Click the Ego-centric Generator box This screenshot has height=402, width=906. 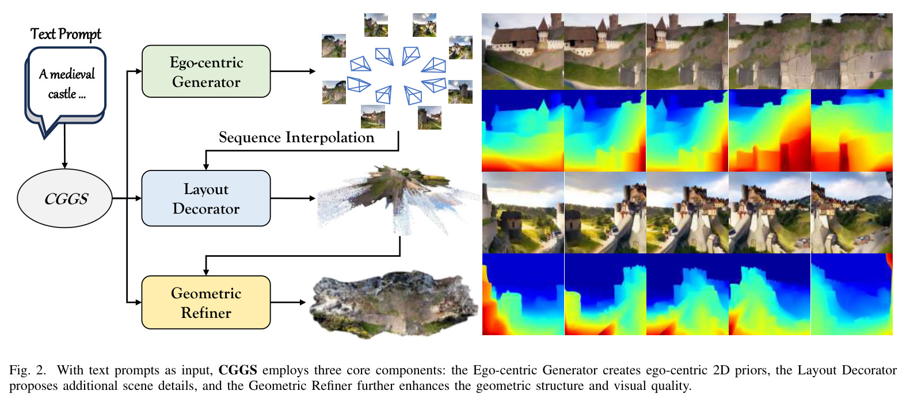[206, 71]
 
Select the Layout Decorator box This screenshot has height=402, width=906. [206, 198]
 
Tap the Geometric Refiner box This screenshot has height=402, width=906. [206, 302]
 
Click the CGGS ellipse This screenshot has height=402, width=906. [64, 198]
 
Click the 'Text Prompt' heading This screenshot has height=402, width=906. [66, 34]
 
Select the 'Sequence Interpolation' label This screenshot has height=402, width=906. [296, 137]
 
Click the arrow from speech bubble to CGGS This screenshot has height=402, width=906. [64, 146]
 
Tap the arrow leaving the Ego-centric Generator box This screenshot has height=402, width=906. [293, 71]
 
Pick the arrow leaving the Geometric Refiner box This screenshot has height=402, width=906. [288, 302]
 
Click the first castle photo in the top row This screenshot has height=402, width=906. [523, 51]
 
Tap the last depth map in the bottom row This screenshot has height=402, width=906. [852, 294]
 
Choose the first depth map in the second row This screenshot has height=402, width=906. [523, 131]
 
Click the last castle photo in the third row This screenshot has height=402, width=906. [852, 213]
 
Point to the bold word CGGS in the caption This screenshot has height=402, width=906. [238, 370]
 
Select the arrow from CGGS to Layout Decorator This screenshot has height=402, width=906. [127, 198]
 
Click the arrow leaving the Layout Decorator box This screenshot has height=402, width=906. [293, 198]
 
